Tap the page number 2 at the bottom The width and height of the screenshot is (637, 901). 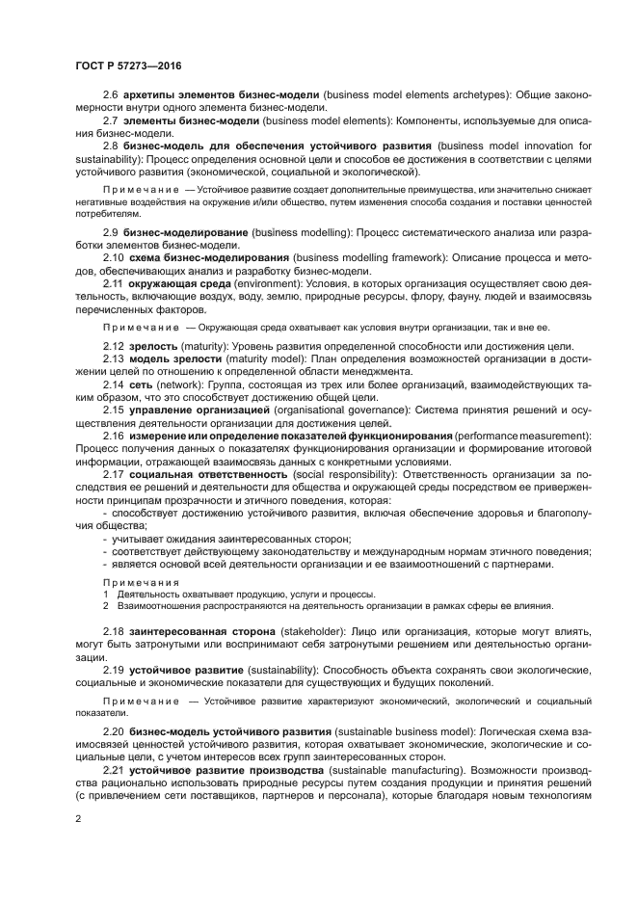pos(78,817)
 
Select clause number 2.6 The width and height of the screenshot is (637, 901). pos(111,94)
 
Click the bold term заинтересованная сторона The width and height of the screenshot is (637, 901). pos(185,630)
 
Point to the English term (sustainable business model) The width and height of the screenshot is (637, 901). pos(404,733)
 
